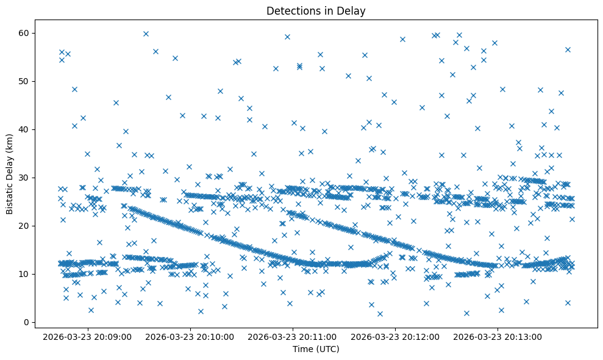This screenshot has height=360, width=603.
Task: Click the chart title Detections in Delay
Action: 316,11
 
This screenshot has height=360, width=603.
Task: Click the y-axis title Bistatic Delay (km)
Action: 10,174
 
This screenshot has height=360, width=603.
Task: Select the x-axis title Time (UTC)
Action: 316,349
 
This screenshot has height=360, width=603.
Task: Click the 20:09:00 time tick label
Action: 88,336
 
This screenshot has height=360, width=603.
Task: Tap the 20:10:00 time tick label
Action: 190,336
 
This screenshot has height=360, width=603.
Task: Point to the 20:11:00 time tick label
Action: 293,336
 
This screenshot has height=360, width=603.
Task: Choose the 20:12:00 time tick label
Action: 395,336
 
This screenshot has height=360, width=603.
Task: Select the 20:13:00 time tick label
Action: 498,336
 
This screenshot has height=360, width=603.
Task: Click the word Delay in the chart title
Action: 353,11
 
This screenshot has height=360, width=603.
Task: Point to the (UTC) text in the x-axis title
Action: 327,349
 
